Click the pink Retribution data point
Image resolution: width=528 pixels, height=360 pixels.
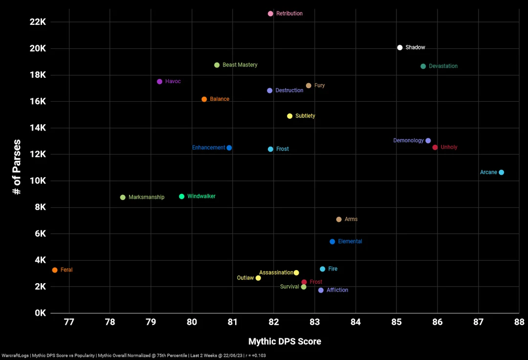pos(270,14)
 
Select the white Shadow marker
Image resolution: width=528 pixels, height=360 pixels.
pos(400,47)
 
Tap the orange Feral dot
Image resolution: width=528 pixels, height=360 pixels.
pos(55,270)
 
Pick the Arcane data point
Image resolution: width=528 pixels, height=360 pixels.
pos(501,172)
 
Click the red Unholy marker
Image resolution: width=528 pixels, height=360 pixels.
pos(435,147)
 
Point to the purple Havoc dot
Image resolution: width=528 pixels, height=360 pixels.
pos(159,82)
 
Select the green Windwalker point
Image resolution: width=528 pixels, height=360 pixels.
pos(182,196)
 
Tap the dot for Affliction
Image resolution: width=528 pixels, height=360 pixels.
pos(321,290)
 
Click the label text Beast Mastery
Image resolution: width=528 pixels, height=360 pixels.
pos(240,65)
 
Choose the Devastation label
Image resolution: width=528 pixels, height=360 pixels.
pos(443,66)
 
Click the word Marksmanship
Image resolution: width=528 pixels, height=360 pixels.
pos(146,197)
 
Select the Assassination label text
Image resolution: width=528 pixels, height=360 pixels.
pos(276,272)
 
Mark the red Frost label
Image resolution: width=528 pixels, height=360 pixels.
pos(316,282)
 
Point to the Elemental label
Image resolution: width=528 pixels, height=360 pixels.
pos(350,242)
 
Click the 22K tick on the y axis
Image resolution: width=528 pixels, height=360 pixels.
pos(37,22)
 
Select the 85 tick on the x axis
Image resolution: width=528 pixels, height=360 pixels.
pos(396,322)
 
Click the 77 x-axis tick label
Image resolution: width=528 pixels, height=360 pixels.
pos(69,322)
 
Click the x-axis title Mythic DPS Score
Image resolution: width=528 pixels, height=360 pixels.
pos(285,341)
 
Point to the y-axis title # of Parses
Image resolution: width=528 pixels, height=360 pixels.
pos(17,167)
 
